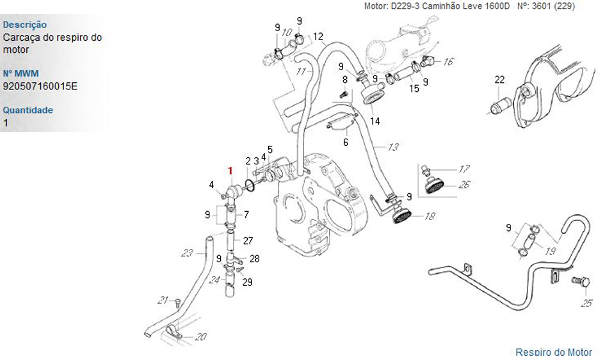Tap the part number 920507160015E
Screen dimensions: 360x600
coord(40,86)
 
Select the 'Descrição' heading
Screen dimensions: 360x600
coord(25,25)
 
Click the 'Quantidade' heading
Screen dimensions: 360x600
coord(28,110)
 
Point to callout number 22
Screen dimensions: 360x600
coord(499,80)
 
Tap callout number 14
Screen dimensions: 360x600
coord(375,121)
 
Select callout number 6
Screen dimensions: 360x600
coord(346,142)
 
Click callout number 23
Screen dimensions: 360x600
coord(188,253)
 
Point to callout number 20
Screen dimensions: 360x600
coord(201,336)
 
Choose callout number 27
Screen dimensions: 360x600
coord(248,241)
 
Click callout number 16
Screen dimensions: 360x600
coord(449,61)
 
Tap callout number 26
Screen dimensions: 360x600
coord(464,185)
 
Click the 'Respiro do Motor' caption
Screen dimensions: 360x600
coord(553,352)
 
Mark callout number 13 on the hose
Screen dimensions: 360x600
coord(394,147)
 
